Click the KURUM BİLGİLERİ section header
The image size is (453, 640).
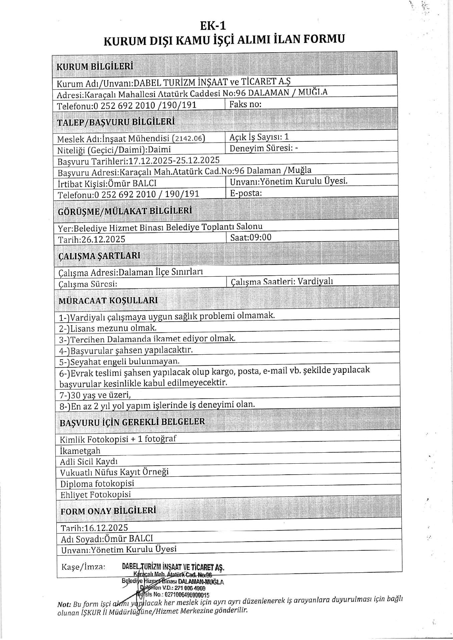tap(95, 66)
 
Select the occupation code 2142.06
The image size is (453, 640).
tap(189, 138)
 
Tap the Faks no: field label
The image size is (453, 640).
tap(245, 104)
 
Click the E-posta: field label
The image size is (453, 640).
tap(246, 193)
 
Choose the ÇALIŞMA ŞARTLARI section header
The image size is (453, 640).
tap(99, 256)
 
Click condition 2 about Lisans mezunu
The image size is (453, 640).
tap(108, 328)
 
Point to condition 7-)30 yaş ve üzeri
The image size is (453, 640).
tap(95, 395)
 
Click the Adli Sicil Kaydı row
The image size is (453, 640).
tap(89, 462)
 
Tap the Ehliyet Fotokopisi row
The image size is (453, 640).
tap(95, 495)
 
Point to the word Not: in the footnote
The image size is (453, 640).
tap(64, 604)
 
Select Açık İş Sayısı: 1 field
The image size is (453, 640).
tap(259, 137)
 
